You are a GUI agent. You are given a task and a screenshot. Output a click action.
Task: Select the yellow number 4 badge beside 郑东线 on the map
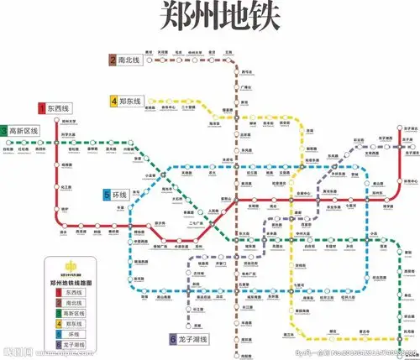pyautogui.click(x=113, y=101)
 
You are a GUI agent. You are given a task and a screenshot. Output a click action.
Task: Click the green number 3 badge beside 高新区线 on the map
pyautogui.click(x=4, y=131)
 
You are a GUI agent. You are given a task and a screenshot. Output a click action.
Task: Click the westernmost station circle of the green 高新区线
pyautogui.click(x=8, y=142)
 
